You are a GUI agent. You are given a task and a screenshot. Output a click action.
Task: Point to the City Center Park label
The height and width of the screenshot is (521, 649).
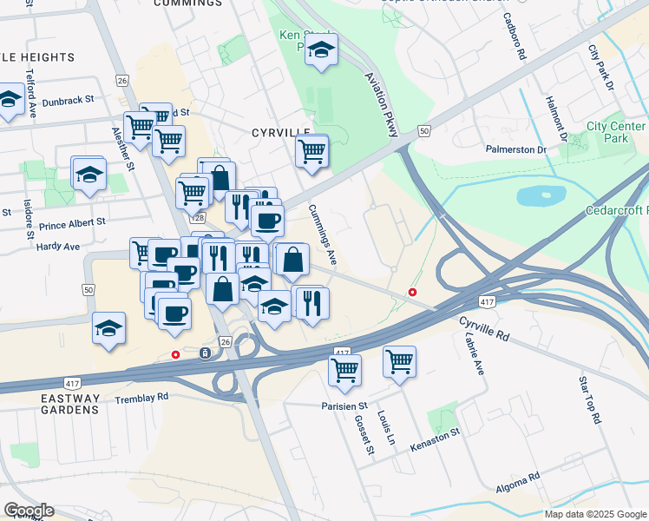coord(616,132)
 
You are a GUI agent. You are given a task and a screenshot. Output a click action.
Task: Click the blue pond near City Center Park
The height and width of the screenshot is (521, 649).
coord(541,195)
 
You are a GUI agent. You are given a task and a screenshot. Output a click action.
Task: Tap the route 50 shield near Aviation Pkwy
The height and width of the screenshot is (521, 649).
coord(423,130)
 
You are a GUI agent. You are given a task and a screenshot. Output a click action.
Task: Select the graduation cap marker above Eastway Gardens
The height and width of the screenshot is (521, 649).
coord(109,327)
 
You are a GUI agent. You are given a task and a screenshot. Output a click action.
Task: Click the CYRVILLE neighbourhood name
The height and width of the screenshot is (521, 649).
coord(280,133)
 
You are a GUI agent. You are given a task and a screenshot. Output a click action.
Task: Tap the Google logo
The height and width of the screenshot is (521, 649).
coord(29,511)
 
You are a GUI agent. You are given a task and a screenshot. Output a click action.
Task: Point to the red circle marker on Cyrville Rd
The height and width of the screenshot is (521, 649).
coord(413,292)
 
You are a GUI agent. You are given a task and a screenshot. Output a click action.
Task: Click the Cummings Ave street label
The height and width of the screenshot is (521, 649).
coord(322,235)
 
